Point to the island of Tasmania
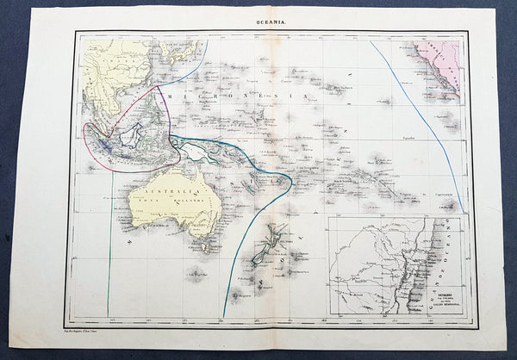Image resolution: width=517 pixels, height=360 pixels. click(x=204, y=248)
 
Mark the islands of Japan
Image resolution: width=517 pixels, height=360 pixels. click(x=180, y=53)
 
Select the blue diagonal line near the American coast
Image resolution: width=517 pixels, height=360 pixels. click(x=422, y=121)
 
